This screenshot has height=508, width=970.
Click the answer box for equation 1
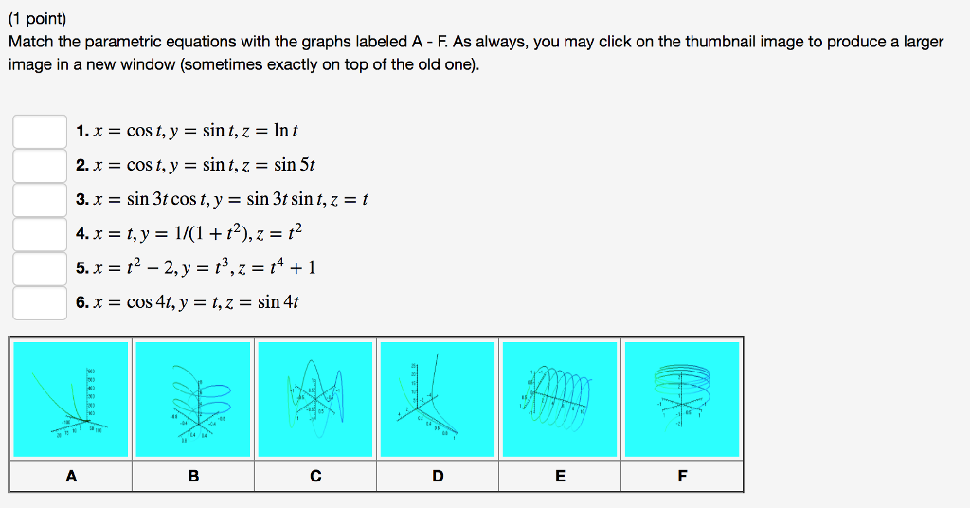(x=39, y=131)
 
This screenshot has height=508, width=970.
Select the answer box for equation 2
(x=39, y=166)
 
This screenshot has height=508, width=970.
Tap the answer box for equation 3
(x=39, y=200)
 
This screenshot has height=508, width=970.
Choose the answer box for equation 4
(x=39, y=234)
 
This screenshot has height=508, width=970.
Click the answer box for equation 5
(x=39, y=268)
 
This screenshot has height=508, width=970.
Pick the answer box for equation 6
(x=39, y=302)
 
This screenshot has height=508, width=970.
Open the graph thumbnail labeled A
(x=71, y=399)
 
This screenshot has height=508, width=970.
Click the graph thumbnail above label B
(x=193, y=399)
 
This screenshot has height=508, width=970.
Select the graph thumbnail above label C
(x=315, y=399)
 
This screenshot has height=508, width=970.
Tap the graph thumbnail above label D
(x=438, y=399)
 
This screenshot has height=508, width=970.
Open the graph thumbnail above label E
(x=560, y=399)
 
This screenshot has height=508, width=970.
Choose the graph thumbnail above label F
(x=682, y=399)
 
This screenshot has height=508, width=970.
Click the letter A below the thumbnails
(x=71, y=476)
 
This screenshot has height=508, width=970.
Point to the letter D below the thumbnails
(x=438, y=476)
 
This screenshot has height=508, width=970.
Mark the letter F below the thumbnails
(x=682, y=476)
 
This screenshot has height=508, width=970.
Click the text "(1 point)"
(x=38, y=18)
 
